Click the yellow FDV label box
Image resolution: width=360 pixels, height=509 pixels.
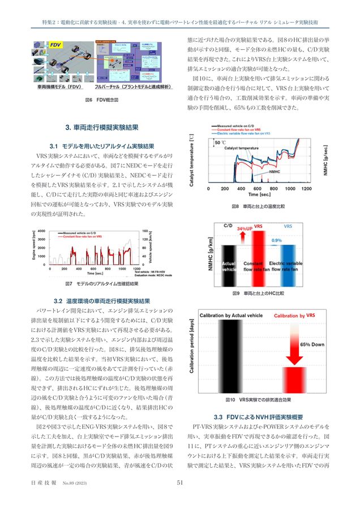coord(55,44)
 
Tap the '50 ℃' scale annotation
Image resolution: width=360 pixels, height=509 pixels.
coord(220,143)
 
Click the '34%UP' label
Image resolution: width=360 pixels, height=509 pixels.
coord(245,228)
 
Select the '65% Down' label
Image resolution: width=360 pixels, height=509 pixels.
coord(312,344)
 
